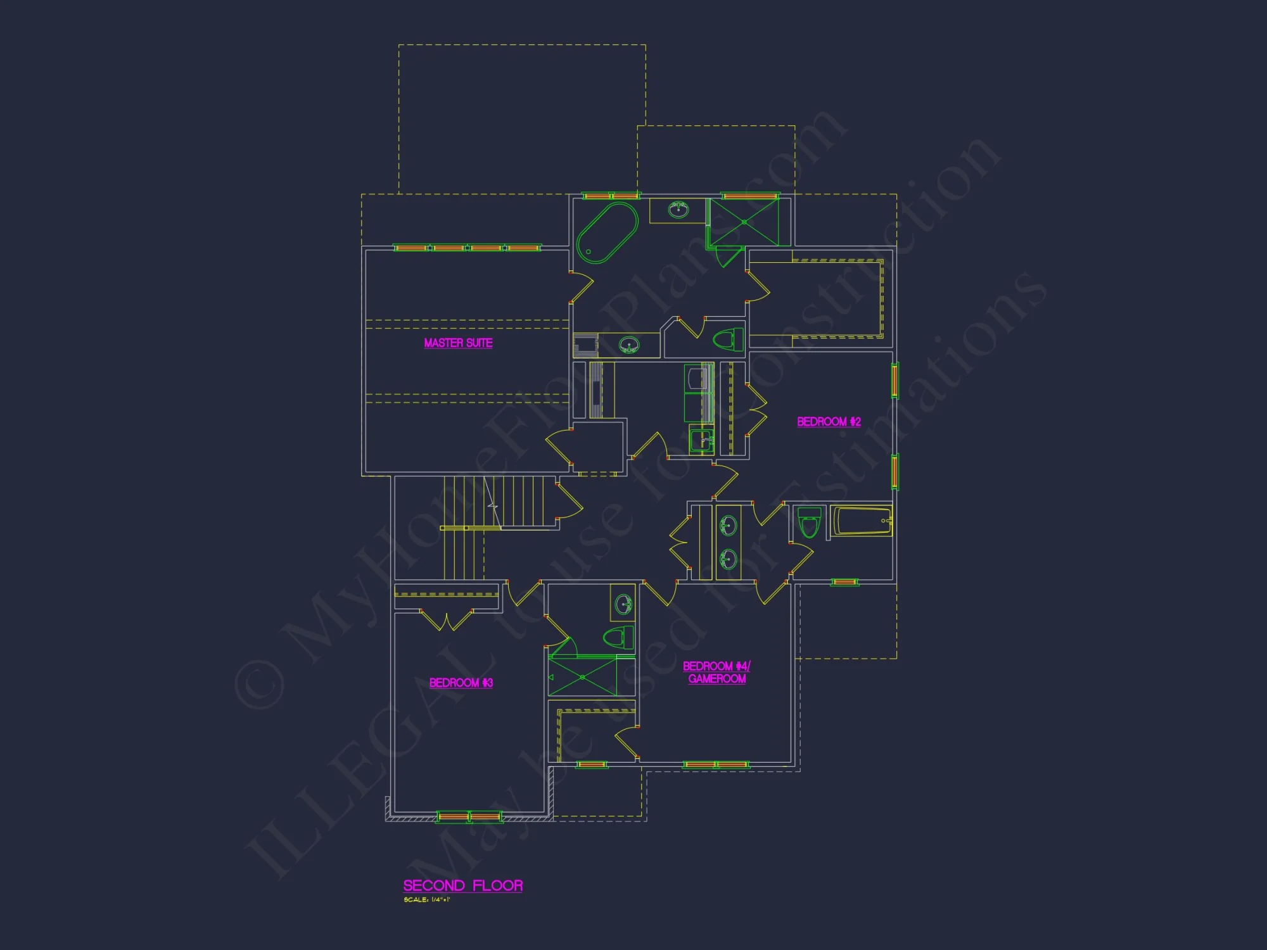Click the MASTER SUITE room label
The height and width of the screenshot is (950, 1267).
coord(458,343)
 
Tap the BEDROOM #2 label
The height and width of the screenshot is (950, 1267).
coord(829,422)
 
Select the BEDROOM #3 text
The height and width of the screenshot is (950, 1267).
coord(461,683)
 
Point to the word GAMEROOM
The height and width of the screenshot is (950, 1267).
coord(716,679)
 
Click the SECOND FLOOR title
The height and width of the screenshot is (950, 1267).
coord(463,885)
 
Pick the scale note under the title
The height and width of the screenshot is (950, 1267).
coord(426,900)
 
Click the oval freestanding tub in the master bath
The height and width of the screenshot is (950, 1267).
coord(607,232)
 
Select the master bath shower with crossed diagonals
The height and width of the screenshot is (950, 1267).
coord(744,222)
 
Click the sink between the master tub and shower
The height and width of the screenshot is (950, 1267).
coord(678,210)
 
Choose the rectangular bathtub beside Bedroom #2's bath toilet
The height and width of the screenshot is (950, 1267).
coord(862,521)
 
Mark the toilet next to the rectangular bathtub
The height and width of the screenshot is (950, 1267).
coord(809,522)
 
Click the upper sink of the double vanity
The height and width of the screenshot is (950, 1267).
coord(729,525)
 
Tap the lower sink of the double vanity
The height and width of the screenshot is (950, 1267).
coord(729,559)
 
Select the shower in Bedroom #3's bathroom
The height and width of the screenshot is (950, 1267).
coord(582,677)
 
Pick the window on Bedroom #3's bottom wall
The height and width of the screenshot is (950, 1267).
coord(469,817)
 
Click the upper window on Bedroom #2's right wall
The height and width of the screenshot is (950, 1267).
coord(895,380)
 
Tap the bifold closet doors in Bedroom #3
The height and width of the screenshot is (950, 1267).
coord(447,620)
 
